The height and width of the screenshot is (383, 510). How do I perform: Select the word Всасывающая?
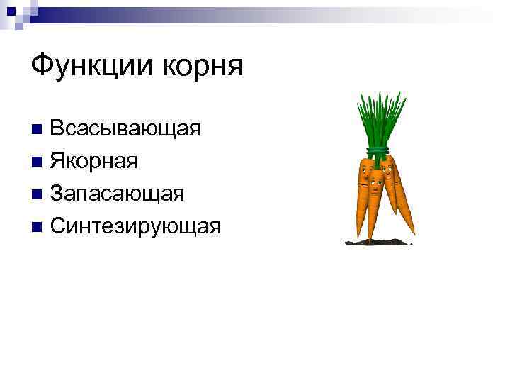click(x=125, y=129)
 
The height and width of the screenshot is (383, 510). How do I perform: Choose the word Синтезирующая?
click(x=136, y=226)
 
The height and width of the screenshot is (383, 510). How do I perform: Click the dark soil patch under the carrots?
click(x=379, y=243)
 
